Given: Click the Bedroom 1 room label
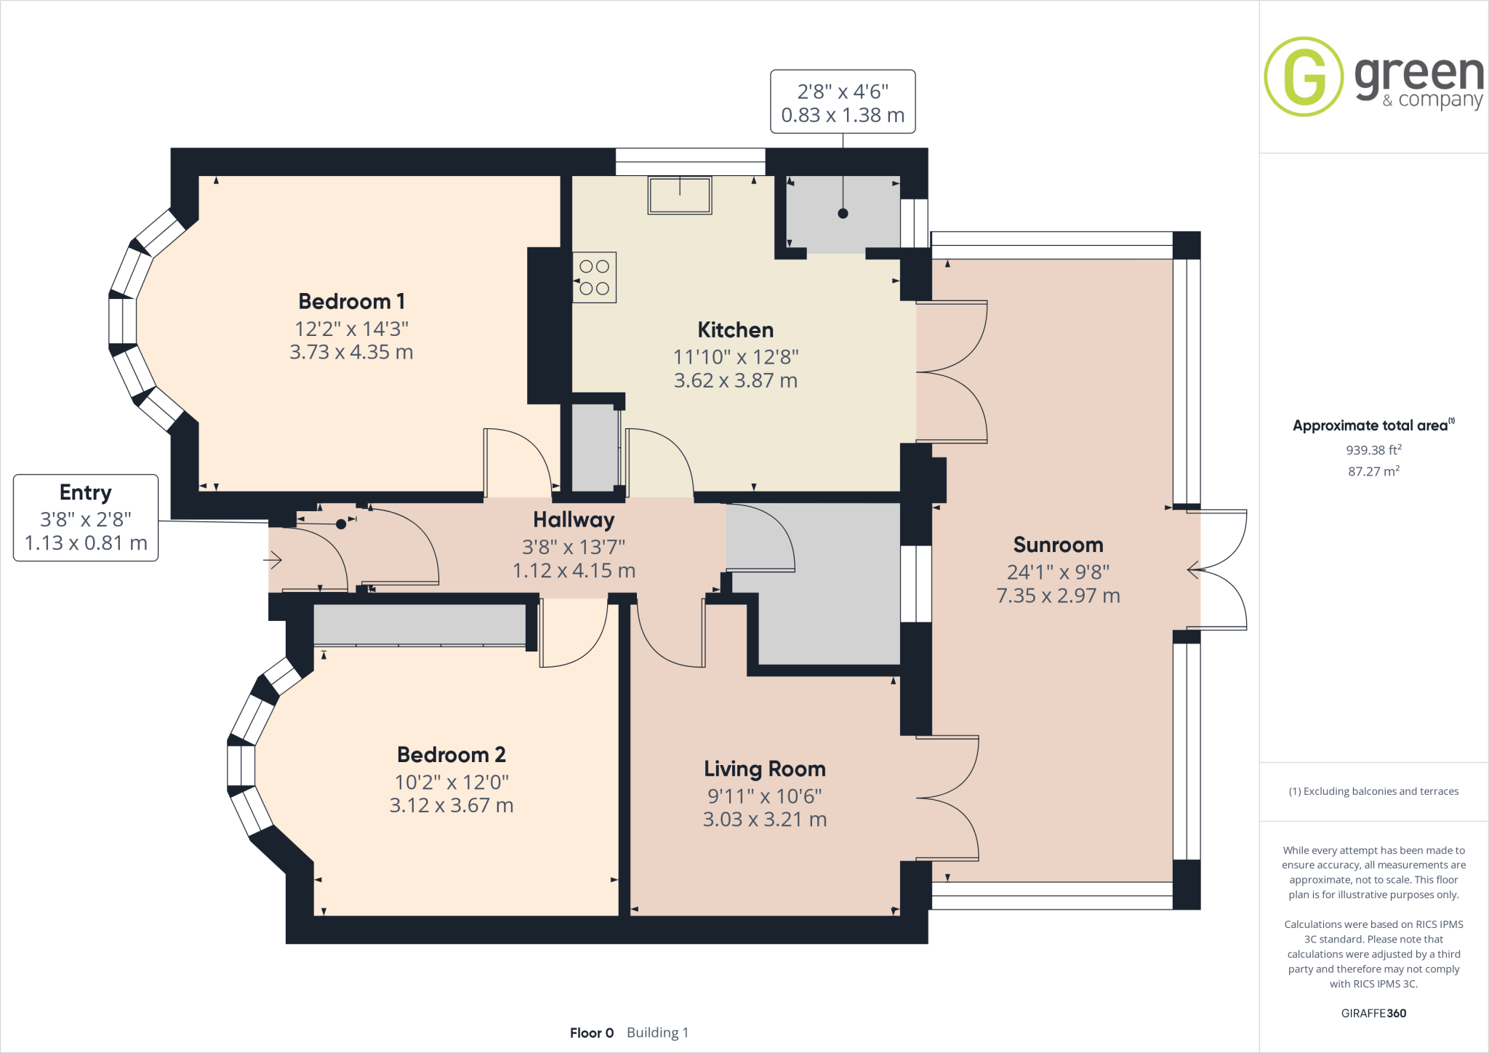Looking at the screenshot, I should click(x=351, y=301).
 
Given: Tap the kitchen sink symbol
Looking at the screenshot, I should click(x=680, y=195).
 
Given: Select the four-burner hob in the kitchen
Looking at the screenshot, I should click(x=595, y=278).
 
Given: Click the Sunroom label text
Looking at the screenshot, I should click(x=1058, y=545).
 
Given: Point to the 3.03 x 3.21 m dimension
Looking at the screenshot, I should click(x=764, y=820).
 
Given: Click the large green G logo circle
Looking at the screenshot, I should click(x=1304, y=76).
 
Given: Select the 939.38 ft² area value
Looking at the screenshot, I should click(x=1373, y=450).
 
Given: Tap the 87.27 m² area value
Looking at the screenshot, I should click(x=1373, y=471).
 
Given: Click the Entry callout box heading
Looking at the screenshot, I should click(x=86, y=492).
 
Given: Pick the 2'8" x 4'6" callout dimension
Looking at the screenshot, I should click(x=843, y=92).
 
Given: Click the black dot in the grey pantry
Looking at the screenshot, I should click(x=843, y=214).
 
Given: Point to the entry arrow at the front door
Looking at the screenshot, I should click(x=273, y=560).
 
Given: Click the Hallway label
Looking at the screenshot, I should click(x=574, y=519).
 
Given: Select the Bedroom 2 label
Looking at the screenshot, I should click(x=451, y=755).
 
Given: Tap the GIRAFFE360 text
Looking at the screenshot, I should click(x=1373, y=1013).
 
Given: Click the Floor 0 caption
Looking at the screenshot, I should click(x=592, y=1033).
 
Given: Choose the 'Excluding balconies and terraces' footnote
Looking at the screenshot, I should click(x=1373, y=791).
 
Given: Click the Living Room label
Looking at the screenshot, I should click(x=764, y=769).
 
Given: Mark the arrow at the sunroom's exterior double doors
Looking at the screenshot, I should click(x=1193, y=570).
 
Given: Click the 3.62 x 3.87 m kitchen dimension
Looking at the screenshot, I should click(x=735, y=380).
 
